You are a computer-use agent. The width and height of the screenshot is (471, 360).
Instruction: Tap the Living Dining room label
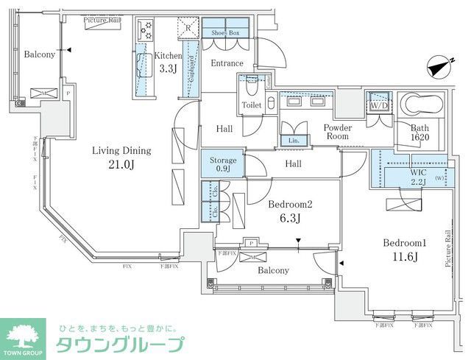(121, 151)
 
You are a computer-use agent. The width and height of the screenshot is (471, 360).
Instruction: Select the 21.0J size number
(122, 164)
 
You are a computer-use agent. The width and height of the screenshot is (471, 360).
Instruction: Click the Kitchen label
(168, 55)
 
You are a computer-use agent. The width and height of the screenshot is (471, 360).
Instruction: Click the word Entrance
(227, 63)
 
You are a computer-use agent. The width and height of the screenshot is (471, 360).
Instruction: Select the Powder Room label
(339, 132)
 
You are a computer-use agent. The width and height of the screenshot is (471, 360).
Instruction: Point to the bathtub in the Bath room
(422, 106)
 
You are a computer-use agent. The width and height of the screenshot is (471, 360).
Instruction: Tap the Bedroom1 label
(405, 243)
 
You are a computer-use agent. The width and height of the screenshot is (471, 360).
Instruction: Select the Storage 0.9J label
(223, 164)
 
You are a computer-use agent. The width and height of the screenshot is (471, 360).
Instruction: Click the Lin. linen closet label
(293, 140)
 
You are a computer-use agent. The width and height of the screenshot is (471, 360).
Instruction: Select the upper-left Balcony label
(37, 54)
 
